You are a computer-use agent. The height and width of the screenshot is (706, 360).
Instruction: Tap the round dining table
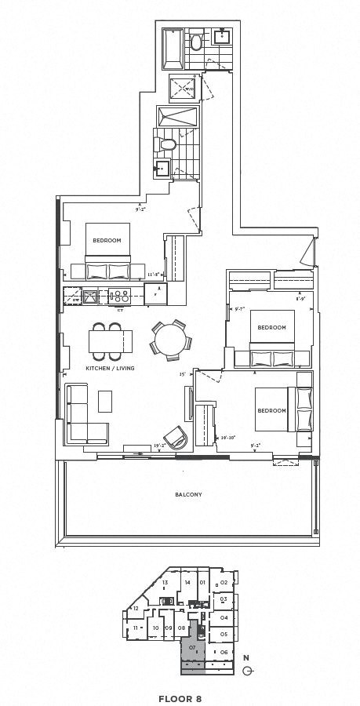[x=169, y=340]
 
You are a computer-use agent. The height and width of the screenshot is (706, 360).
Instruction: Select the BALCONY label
[x=189, y=494]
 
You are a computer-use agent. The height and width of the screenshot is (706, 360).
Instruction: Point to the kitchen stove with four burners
[x=121, y=296]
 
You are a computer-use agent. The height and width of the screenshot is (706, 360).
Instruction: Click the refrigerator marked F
[x=156, y=295]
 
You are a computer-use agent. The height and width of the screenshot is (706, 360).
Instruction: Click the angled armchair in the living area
[x=176, y=435]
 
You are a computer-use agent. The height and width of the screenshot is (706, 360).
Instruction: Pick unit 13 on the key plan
[x=165, y=583]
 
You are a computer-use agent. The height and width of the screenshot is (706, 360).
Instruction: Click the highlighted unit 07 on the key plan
[x=193, y=647]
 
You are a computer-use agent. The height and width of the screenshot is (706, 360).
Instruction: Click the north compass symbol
[x=247, y=670]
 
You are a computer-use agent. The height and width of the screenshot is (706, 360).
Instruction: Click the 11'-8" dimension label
[x=154, y=275]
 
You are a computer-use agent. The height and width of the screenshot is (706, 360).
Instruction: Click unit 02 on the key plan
[x=224, y=583]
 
